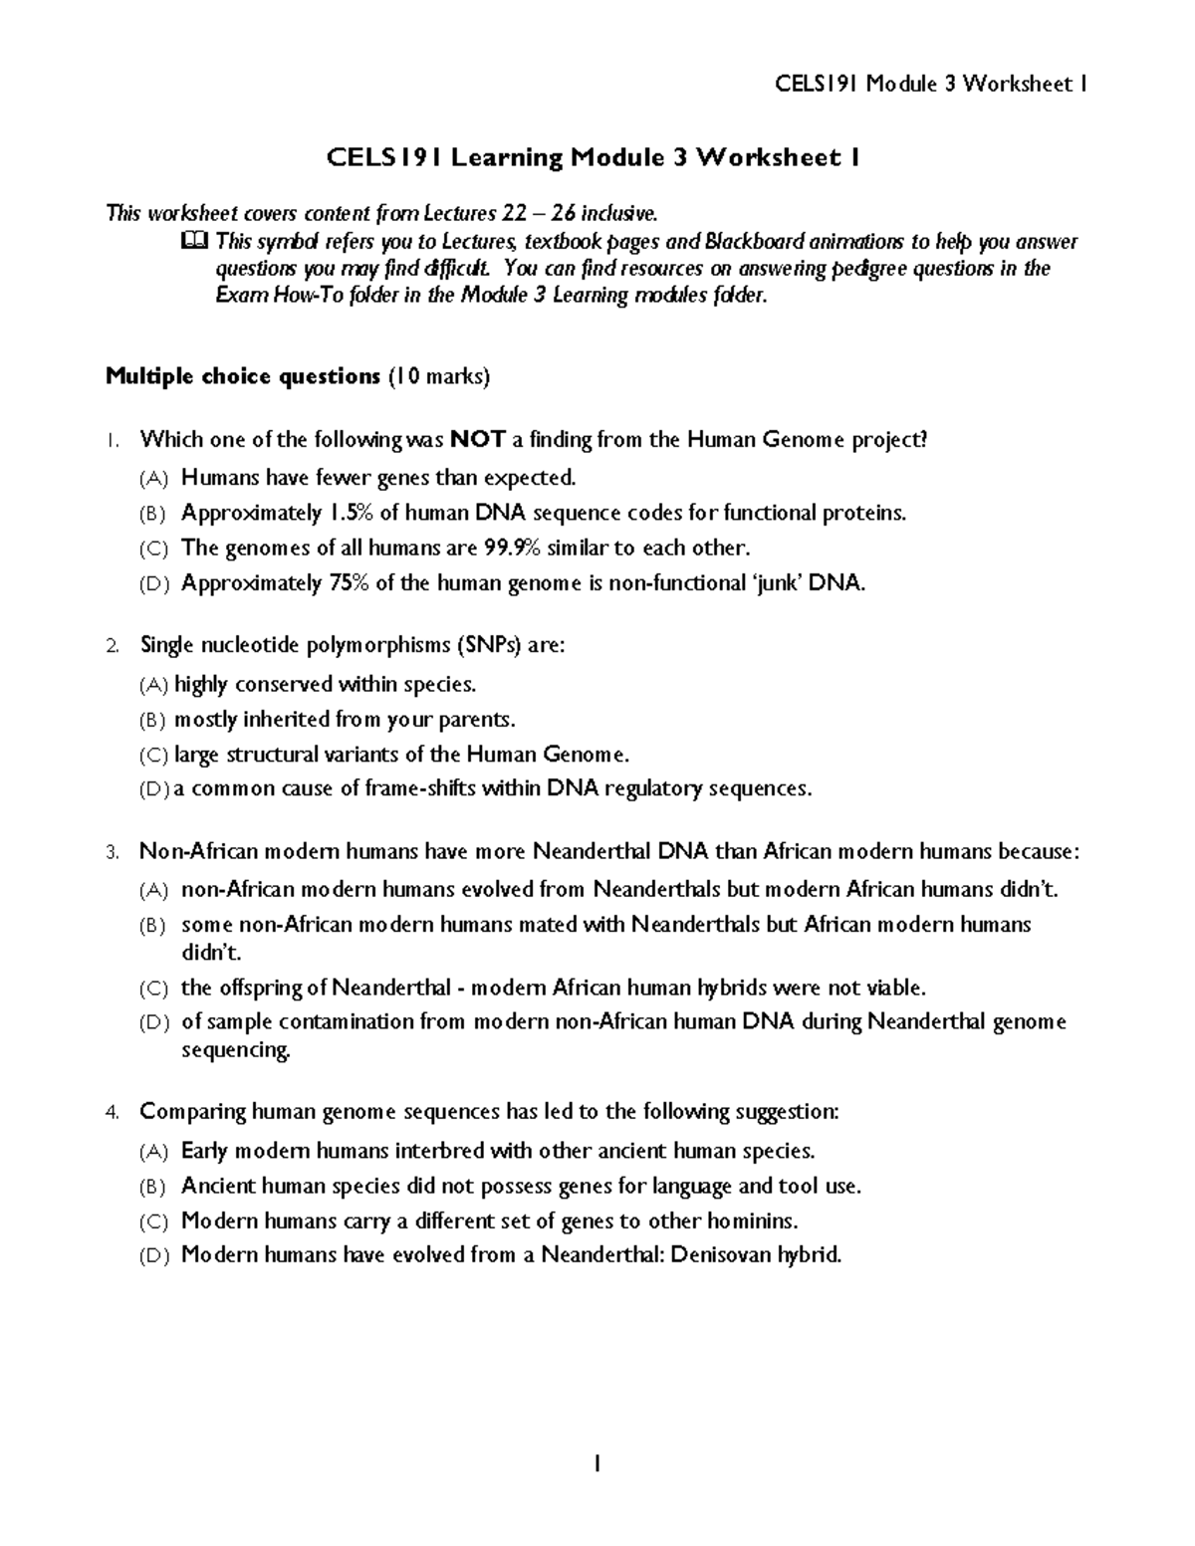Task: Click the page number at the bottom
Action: [597, 1463]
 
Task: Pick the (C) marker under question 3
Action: [154, 989]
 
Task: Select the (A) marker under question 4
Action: [154, 1152]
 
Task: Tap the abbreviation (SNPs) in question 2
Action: [488, 645]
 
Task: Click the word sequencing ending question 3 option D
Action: [236, 1050]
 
